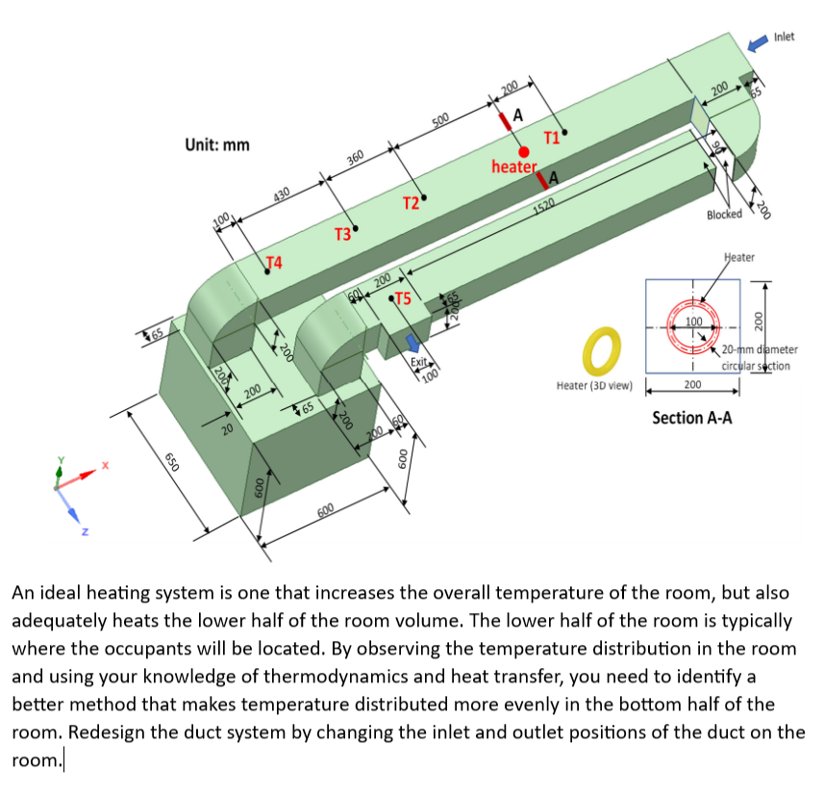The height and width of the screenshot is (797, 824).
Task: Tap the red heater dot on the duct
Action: (524, 151)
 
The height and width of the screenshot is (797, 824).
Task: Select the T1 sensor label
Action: (552, 137)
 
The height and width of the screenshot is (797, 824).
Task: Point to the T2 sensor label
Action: (410, 202)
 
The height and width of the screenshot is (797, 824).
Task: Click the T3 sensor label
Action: (342, 235)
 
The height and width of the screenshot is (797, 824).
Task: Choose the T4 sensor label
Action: (274, 262)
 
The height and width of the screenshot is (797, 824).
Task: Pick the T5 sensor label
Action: (403, 299)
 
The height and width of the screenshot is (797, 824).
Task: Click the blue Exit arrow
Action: (413, 343)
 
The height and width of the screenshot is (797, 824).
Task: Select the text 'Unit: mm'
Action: (216, 144)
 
